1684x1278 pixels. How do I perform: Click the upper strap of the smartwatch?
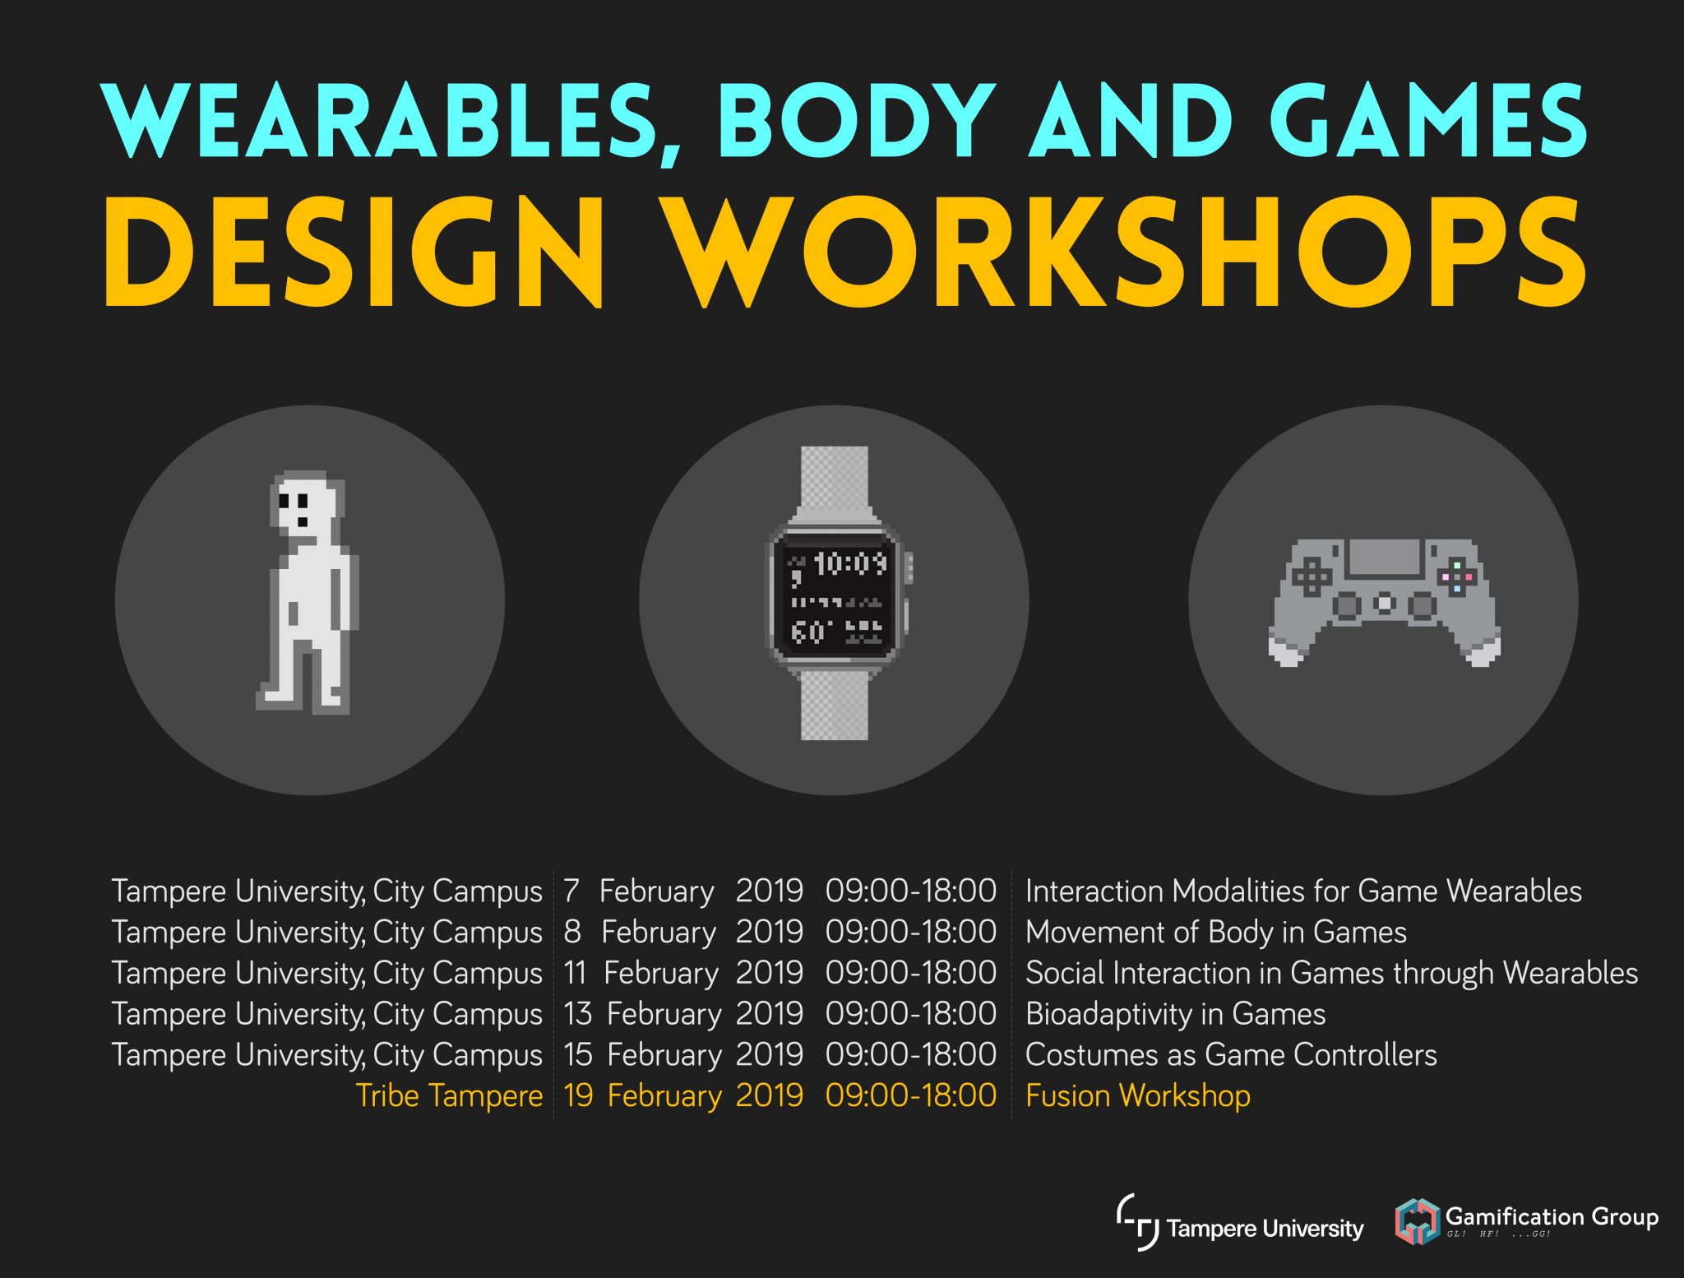tap(834, 481)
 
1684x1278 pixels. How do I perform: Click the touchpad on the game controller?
tap(1384, 558)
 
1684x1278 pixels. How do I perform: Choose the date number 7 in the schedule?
tap(571, 891)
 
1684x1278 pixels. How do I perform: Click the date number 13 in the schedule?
tap(578, 1014)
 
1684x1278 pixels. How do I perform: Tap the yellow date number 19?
tap(578, 1096)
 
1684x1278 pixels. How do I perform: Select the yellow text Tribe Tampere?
tap(449, 1096)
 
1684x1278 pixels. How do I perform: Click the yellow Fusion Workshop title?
tap(1137, 1096)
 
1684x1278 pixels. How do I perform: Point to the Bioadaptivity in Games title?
tap(1175, 1014)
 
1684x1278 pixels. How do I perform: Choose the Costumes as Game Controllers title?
tap(1231, 1055)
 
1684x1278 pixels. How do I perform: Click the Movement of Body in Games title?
tap(1215, 933)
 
